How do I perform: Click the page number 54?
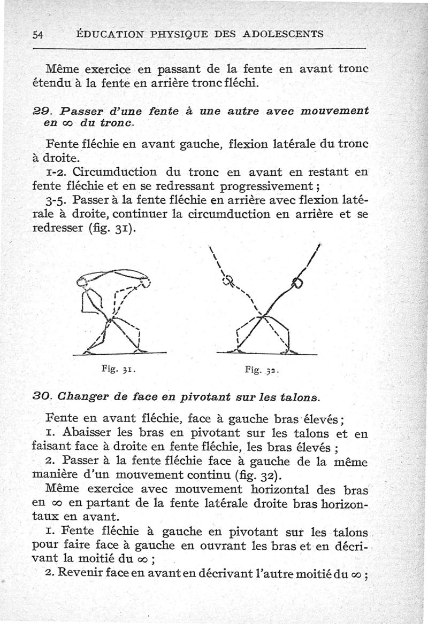click(x=37, y=35)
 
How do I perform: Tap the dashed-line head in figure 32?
click(x=228, y=280)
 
